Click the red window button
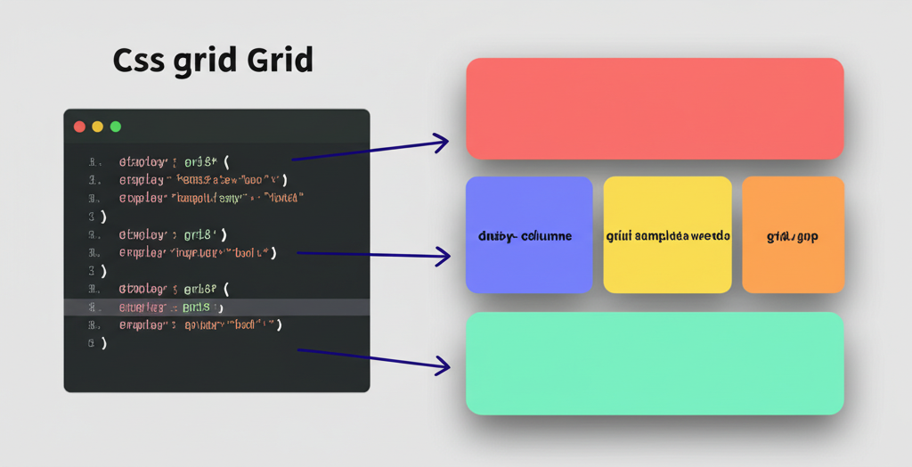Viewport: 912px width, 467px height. click(x=79, y=127)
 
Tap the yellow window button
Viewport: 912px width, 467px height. click(x=97, y=127)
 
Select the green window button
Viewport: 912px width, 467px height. click(x=115, y=127)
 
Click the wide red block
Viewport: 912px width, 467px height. click(x=655, y=109)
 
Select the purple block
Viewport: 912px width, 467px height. click(x=529, y=234)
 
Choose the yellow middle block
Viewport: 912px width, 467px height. click(x=667, y=234)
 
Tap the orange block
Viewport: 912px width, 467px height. click(x=793, y=234)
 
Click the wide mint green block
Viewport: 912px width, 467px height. click(x=655, y=363)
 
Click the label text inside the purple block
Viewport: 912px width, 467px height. click(x=525, y=237)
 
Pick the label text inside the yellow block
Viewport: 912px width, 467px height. click(x=668, y=237)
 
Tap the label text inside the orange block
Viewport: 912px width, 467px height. click(x=792, y=237)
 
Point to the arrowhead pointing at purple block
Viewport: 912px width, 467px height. click(x=443, y=258)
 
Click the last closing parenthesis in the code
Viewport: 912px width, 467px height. click(x=103, y=343)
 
